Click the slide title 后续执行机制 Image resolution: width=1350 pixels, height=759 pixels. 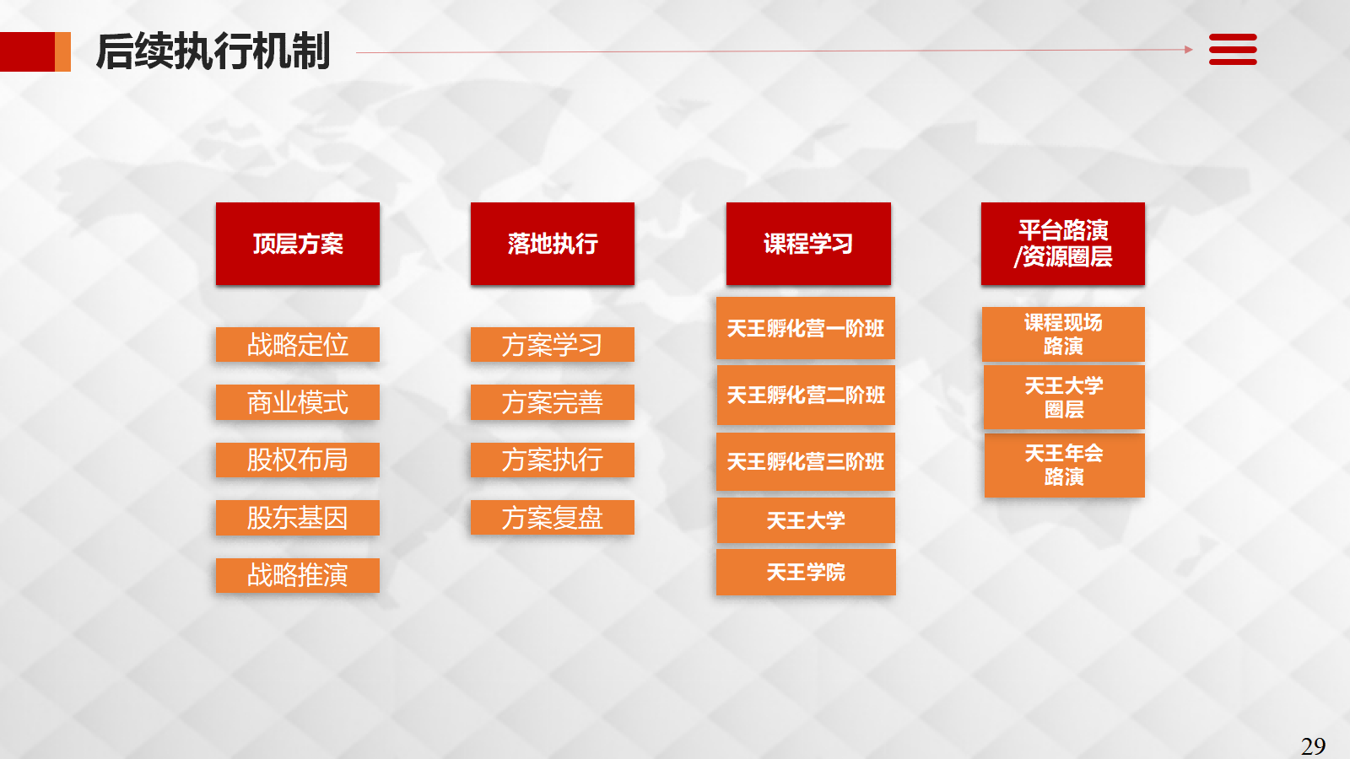tap(213, 51)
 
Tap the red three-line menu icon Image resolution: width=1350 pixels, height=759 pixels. tap(1233, 50)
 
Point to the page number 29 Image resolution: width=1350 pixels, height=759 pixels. tap(1313, 746)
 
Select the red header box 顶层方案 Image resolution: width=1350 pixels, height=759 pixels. tap(298, 244)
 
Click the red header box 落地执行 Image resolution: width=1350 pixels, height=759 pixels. tap(553, 244)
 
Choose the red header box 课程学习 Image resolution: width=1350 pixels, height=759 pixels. tap(808, 244)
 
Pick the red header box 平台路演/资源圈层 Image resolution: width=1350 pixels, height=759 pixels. tap(1063, 244)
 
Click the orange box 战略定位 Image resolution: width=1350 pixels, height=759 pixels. tap(298, 345)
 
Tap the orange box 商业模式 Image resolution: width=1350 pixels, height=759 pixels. tap(298, 401)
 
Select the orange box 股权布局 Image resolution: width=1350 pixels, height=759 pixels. tap(298, 460)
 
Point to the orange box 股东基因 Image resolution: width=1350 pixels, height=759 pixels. tap(298, 518)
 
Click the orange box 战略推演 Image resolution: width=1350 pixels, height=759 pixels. tap(298, 575)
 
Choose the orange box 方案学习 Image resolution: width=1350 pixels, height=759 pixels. tap(553, 345)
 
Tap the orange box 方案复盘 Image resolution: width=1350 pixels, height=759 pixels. tap(553, 518)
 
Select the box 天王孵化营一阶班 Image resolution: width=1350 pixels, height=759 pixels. tap(806, 328)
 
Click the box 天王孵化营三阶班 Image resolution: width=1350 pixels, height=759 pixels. tap(806, 461)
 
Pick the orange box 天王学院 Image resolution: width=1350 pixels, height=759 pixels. tap(806, 572)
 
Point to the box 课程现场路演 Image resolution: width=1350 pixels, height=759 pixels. tap(1063, 334)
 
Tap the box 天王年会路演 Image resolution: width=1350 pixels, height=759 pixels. tap(1064, 465)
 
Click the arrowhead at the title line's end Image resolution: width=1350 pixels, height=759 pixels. tap(1189, 50)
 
